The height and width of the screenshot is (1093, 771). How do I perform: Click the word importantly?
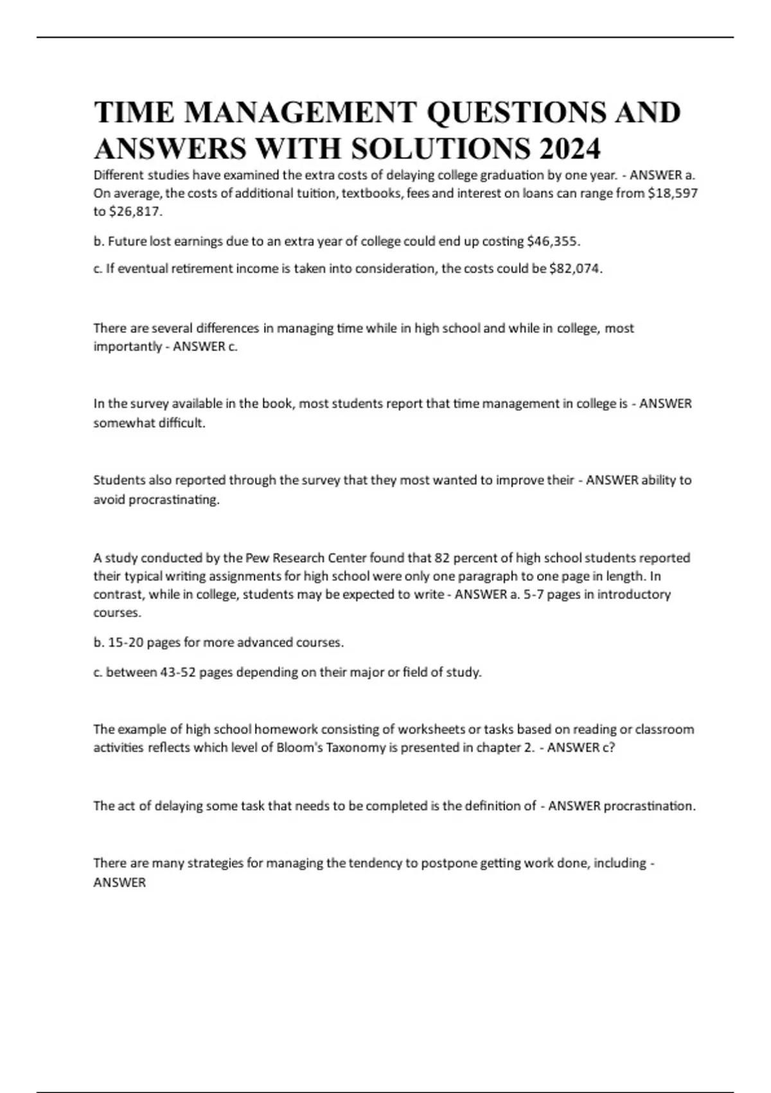click(127, 347)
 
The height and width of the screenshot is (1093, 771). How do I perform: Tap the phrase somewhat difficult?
click(149, 423)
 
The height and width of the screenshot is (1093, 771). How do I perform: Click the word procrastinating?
click(174, 500)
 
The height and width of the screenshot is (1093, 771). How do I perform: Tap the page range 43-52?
click(173, 672)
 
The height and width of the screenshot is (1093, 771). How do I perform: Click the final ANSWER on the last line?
click(120, 883)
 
